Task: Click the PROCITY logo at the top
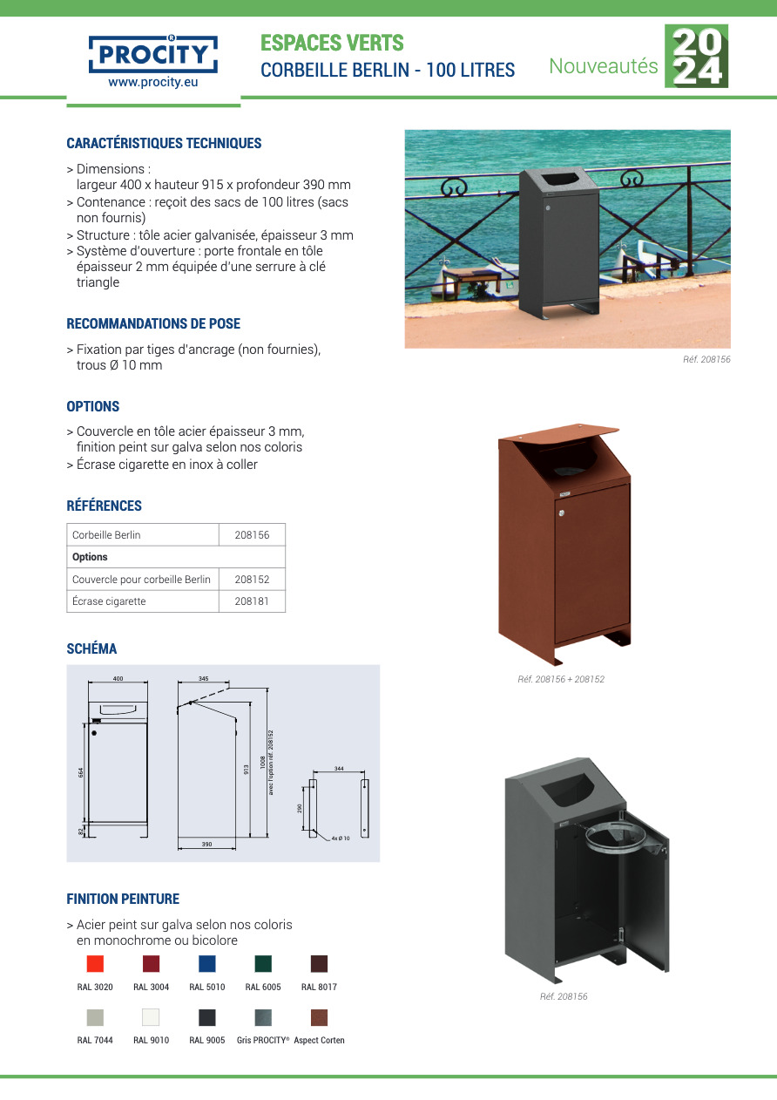153,55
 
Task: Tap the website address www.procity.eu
153,83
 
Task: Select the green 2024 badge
696,56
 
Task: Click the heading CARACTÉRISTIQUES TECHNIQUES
164,143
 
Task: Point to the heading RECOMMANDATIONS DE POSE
153,323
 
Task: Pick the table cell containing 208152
252,579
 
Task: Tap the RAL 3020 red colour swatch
95,963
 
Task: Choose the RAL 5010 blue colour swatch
207,963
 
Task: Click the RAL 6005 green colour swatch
263,963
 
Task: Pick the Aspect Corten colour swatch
319,1017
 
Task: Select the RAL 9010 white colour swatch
151,1017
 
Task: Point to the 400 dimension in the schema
118,678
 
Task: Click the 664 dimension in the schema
80,772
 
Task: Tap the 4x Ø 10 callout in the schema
340,838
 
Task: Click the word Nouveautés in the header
603,65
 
